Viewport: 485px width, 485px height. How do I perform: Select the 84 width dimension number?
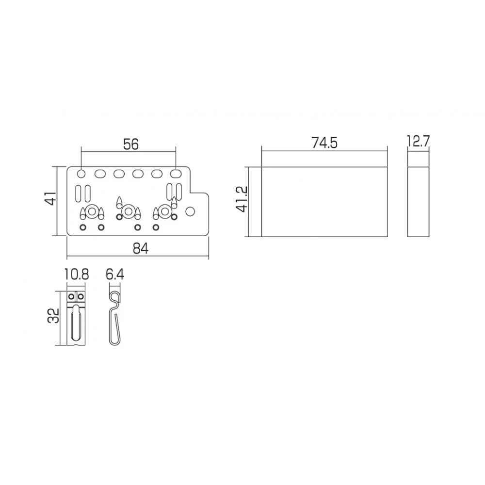pos(140,248)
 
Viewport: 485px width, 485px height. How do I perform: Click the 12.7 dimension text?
pos(419,142)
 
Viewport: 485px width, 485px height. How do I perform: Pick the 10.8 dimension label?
pos(77,275)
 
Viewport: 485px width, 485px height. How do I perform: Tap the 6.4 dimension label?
pos(114,275)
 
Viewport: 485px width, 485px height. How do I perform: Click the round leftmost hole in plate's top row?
pos(81,173)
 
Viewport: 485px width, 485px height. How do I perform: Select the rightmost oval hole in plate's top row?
pos(175,173)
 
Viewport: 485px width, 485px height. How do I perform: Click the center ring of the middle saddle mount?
pos(127,211)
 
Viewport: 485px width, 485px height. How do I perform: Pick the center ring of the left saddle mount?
pos(91,211)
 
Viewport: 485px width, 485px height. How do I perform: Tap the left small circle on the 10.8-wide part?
pos(72,296)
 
